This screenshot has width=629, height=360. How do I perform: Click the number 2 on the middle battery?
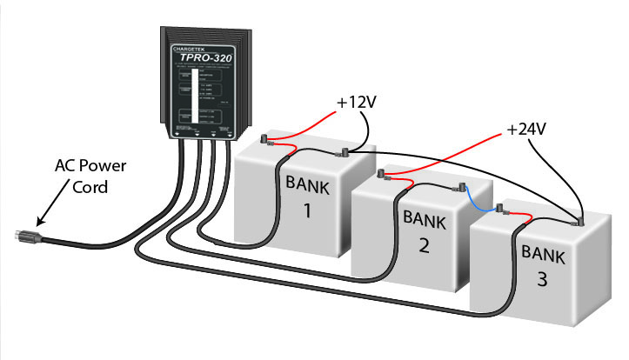pyautogui.click(x=422, y=245)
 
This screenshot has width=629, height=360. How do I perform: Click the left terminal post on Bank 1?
pyautogui.click(x=267, y=139)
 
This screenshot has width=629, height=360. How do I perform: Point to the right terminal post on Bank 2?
pyautogui.click(x=457, y=186)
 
